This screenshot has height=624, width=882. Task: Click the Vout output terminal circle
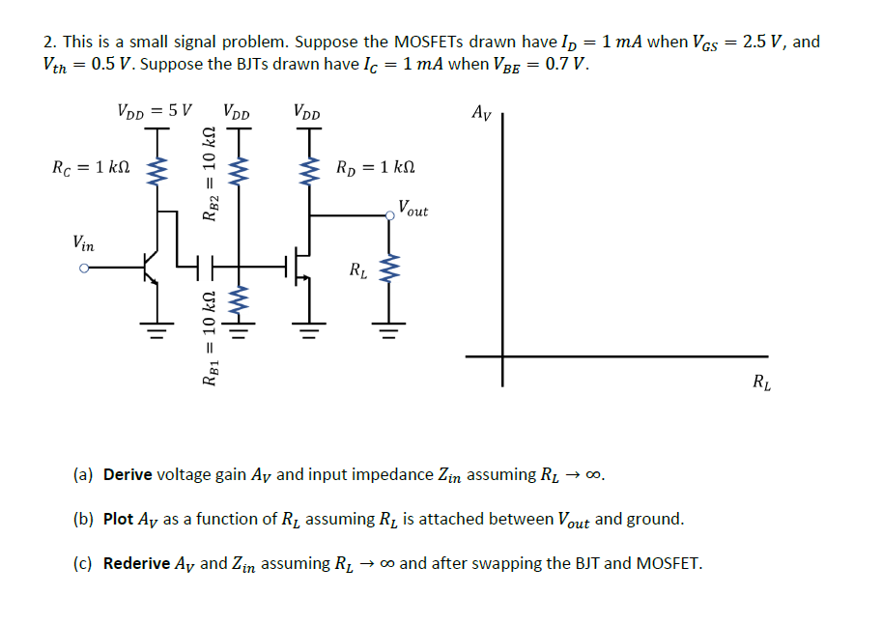point(390,216)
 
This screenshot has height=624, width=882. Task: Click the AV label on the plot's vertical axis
point(480,113)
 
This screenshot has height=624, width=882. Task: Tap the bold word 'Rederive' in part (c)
point(136,563)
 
